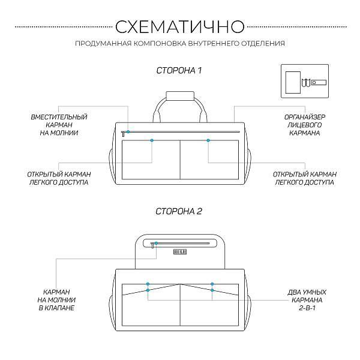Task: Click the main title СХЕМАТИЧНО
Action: click(180, 26)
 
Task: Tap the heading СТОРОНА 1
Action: click(179, 70)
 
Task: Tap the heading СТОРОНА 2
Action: click(179, 211)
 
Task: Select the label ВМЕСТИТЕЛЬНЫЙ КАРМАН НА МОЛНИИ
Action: click(59, 125)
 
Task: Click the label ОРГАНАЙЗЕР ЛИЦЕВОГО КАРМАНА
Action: click(305, 125)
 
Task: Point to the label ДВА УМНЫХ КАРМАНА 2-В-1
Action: click(307, 300)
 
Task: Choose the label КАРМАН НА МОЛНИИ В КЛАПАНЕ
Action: click(56, 300)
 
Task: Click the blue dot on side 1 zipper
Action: click(128, 132)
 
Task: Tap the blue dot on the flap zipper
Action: click(156, 243)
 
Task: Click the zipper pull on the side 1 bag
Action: click(123, 134)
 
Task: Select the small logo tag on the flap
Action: click(180, 252)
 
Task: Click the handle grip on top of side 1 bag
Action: click(180, 96)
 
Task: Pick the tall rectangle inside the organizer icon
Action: click(293, 82)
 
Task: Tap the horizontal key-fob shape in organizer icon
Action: click(319, 82)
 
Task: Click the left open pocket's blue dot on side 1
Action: click(152, 140)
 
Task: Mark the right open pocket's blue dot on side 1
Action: click(208, 140)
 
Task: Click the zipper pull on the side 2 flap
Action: click(152, 245)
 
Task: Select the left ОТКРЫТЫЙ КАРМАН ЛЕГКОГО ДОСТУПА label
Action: click(59, 178)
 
